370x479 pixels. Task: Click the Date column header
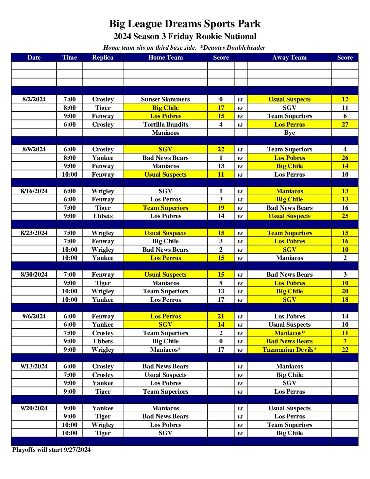(34, 57)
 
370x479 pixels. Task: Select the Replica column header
(103, 57)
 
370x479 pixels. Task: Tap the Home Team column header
(165, 57)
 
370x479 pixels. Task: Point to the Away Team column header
(289, 57)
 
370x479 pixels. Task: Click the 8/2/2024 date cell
(34, 99)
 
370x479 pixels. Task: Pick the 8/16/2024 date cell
(34, 191)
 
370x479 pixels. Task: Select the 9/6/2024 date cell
(34, 316)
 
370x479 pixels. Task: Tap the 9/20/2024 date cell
(34, 408)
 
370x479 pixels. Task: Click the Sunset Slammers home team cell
(165, 99)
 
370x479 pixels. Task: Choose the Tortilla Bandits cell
(165, 125)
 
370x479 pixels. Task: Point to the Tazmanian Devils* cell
(289, 350)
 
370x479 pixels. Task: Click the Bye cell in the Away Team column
(289, 133)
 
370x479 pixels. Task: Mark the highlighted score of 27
(345, 125)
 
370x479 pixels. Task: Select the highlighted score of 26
(345, 158)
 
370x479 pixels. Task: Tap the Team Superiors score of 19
(221, 208)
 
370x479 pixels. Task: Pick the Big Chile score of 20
(345, 291)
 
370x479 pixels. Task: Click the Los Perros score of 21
(221, 316)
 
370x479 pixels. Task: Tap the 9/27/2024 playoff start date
(77, 450)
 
